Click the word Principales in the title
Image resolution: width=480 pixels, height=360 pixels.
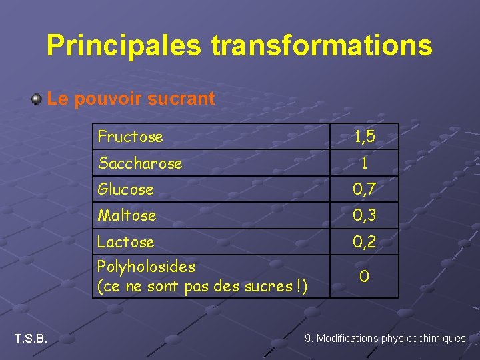coord(123,45)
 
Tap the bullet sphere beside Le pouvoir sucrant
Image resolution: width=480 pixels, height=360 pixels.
coord(36,100)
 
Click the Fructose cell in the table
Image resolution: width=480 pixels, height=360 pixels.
coord(130,137)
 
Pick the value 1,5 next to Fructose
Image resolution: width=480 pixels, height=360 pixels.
coord(364,137)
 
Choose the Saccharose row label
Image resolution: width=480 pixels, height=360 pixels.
coord(140,163)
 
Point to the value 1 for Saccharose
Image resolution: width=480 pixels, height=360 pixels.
coord(364,163)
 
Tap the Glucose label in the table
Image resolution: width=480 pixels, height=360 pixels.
coord(125,189)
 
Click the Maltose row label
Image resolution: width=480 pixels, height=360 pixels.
coord(127,215)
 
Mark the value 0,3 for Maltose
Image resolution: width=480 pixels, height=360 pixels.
coord(364,215)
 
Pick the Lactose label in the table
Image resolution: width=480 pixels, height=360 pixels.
coord(125,242)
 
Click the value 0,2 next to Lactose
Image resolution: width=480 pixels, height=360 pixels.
coord(364,242)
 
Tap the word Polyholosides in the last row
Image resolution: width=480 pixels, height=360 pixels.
coord(146,267)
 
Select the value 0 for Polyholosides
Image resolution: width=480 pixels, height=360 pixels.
coord(364,276)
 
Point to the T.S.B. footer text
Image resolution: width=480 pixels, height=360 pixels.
coord(31,339)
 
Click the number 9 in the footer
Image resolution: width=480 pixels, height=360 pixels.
coord(308,339)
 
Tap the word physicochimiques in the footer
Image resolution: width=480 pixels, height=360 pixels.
coord(423,339)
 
